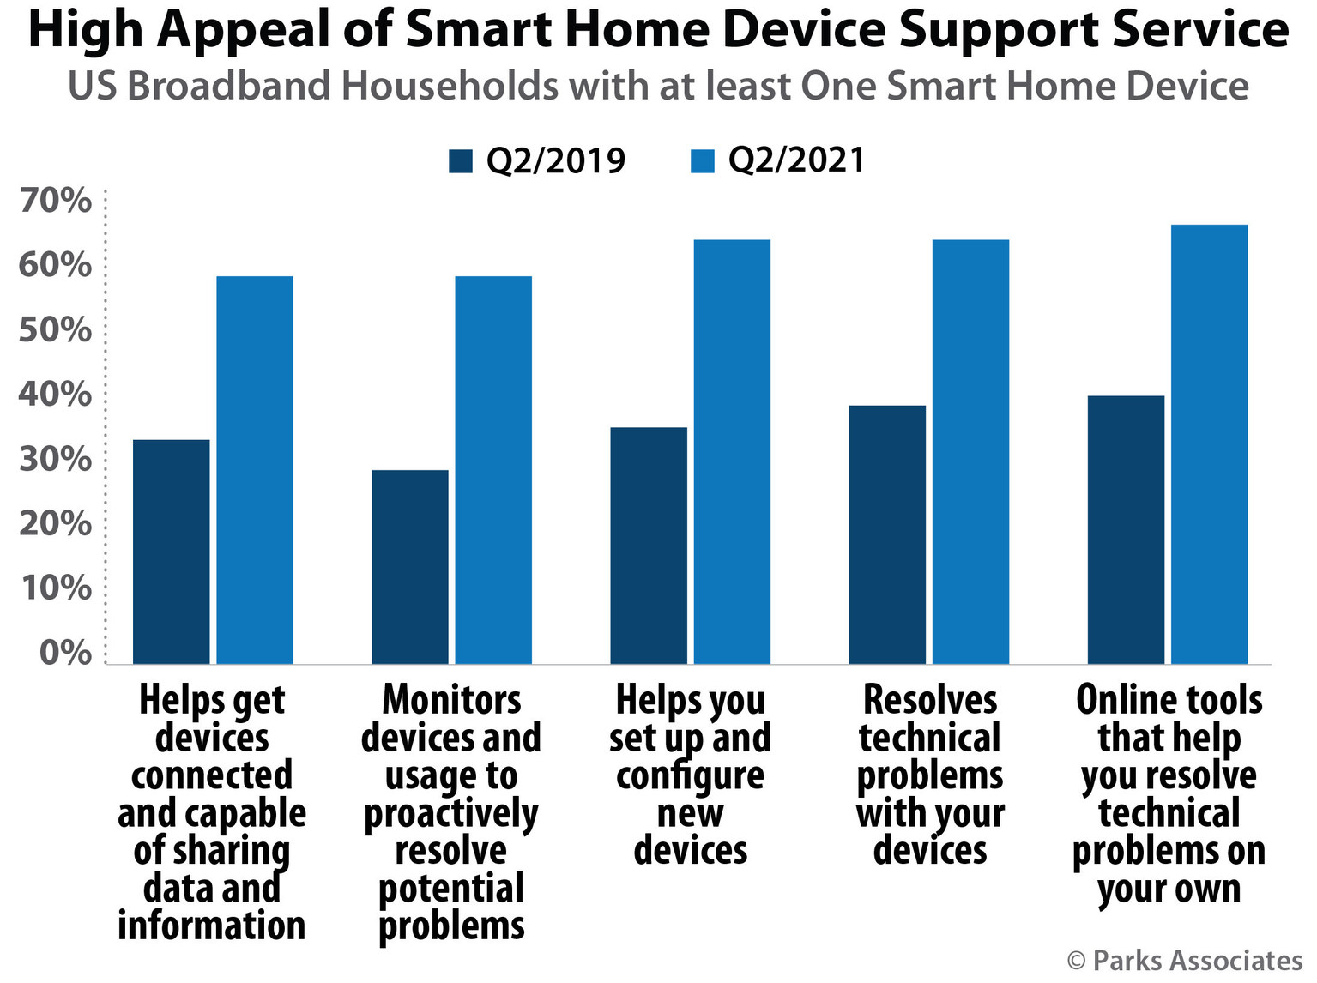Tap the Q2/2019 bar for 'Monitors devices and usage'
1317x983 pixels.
pos(410,567)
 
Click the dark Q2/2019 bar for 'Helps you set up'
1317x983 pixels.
pos(649,546)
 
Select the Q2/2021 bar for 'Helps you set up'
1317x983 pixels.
pos(732,452)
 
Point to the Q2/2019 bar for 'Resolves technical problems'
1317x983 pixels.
pos(887,534)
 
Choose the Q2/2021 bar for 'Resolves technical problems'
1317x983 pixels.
pos(970,452)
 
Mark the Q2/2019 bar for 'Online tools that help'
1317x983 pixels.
pos(1126,529)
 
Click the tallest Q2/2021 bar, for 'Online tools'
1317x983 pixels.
pos(1209,444)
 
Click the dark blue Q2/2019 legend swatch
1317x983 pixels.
pos(461,161)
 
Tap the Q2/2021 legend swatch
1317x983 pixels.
pos(703,161)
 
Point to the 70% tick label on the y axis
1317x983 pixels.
pos(55,201)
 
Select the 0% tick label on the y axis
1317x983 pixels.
pos(65,653)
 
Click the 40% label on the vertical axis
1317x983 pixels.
pos(55,395)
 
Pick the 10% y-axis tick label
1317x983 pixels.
pos(55,588)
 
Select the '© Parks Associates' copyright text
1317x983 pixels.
pos(1184,961)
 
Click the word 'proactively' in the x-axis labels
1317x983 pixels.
pos(451,814)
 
